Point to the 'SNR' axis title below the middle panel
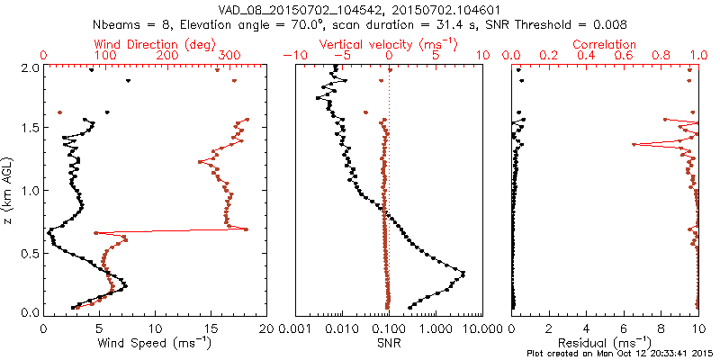[390, 342]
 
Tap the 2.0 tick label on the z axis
[30, 67]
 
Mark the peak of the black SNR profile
[463, 273]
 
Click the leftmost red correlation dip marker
[634, 144]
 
